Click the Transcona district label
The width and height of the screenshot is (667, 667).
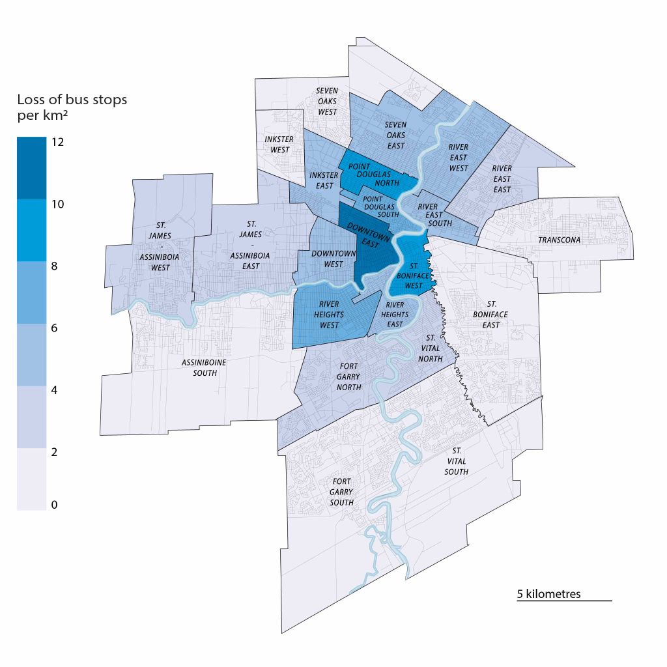pos(558,240)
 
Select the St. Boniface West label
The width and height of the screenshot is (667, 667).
pos(416,276)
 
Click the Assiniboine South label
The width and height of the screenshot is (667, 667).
pos(200,368)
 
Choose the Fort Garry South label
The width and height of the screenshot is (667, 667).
pos(341,492)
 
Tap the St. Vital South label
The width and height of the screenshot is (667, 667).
pos(456,461)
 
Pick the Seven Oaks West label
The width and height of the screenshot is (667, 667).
pos(328,101)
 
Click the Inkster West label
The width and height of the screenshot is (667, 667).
pos(279,145)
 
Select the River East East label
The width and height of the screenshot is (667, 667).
pos(502,178)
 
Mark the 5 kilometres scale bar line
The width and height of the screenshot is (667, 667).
pos(564,601)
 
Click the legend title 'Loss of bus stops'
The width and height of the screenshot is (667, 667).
pos(72,100)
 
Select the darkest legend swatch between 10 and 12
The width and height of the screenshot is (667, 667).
pos(31,167)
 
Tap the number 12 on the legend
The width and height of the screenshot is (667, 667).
pos(57,141)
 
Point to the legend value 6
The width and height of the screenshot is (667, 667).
pos(55,328)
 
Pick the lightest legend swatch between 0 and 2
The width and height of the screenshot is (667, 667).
pos(31,479)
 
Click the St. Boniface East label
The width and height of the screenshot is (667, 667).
pos(491,314)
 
